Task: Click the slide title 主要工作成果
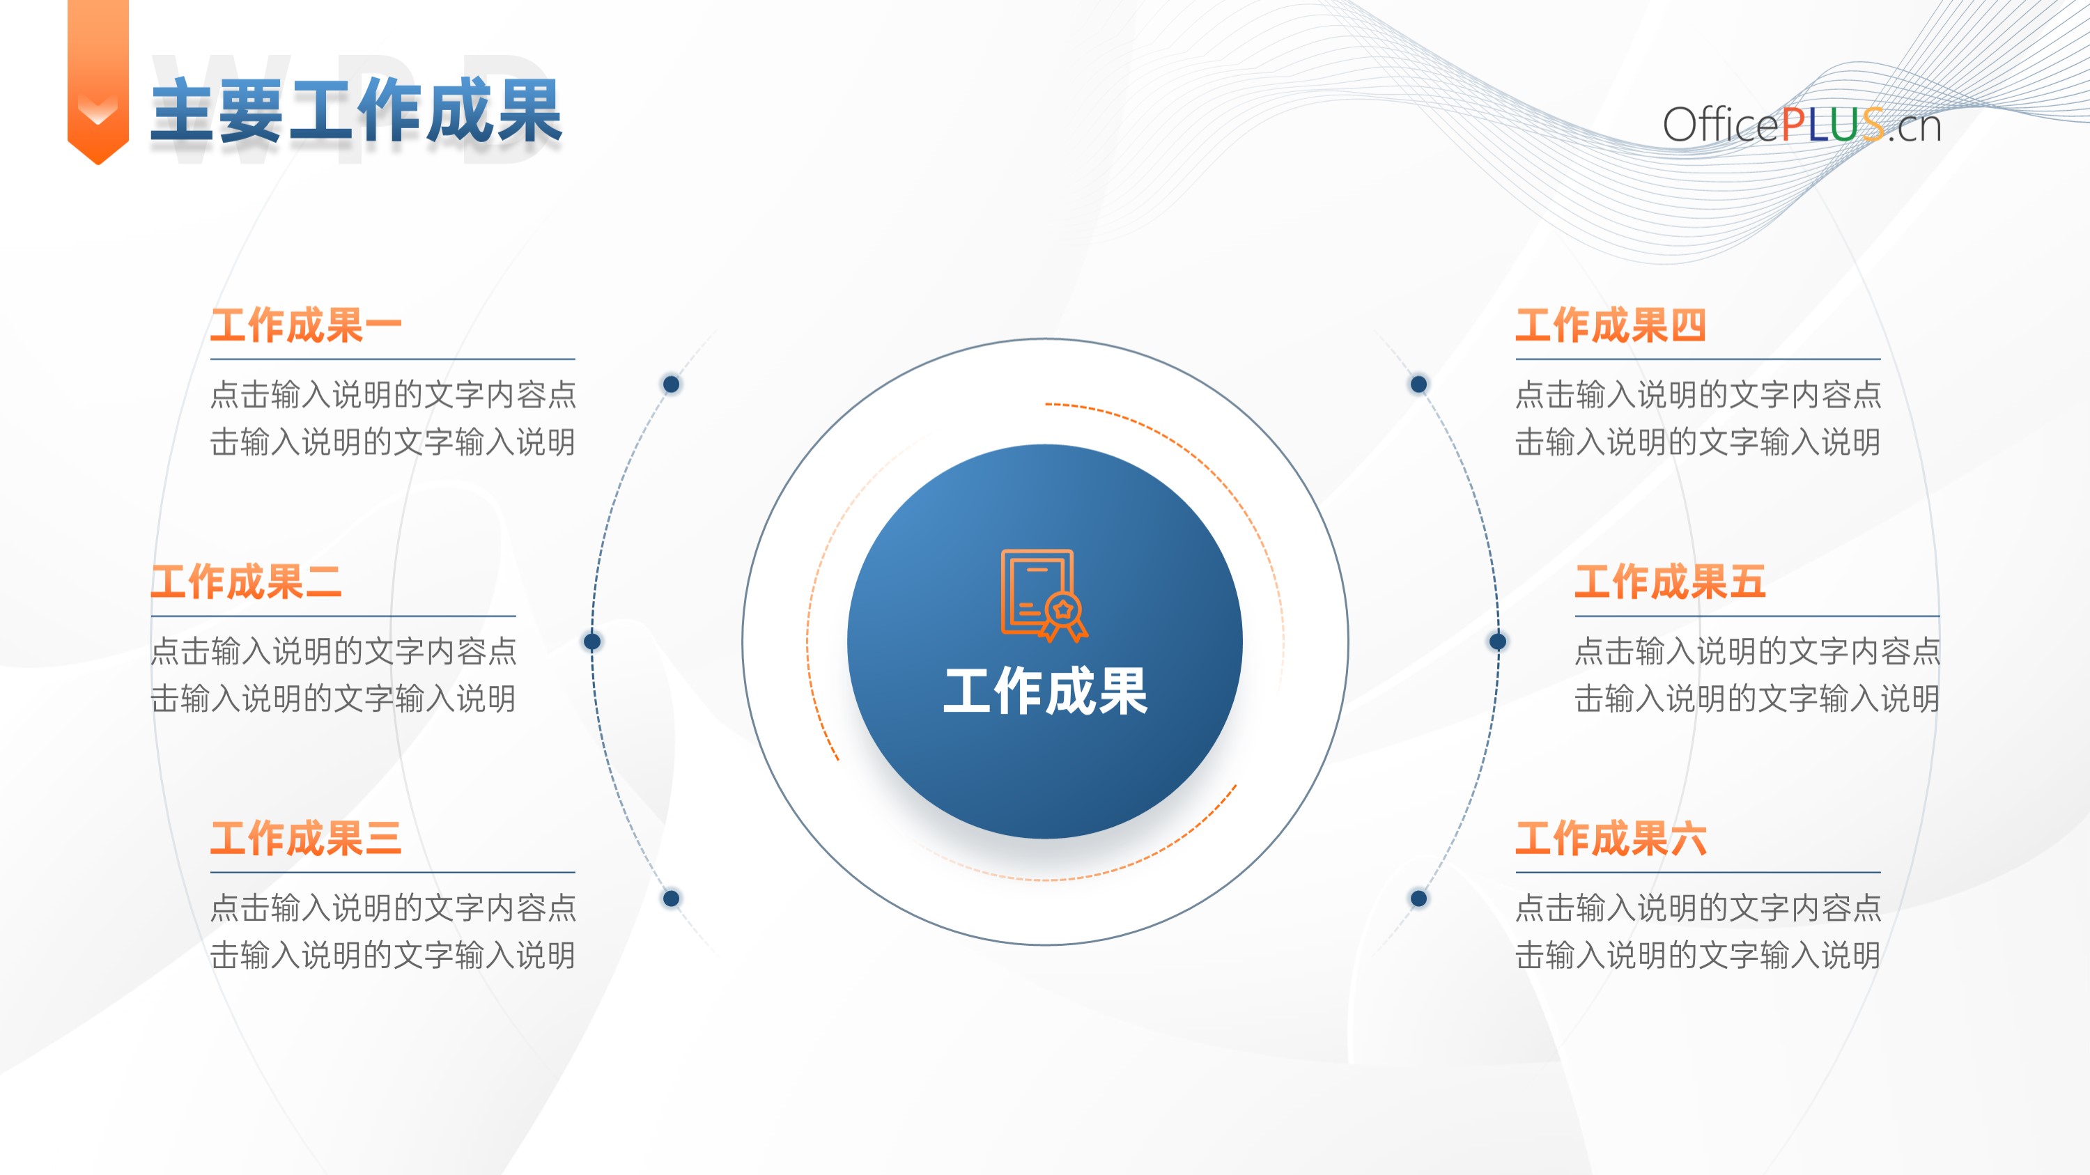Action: [356, 111]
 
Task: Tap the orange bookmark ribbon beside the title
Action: [98, 81]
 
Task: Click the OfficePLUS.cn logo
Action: [1801, 125]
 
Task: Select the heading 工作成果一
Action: [306, 325]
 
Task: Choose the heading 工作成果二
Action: [247, 582]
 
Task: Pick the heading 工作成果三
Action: [306, 838]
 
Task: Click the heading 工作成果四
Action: [1611, 325]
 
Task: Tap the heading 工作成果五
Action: [1671, 582]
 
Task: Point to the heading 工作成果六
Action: [1611, 838]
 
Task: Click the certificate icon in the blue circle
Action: [1044, 596]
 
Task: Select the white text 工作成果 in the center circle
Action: [1045, 692]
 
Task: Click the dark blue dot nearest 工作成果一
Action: [671, 384]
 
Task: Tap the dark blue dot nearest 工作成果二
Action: [592, 641]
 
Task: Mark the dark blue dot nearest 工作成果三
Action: [671, 898]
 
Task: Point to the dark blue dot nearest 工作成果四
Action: [1418, 384]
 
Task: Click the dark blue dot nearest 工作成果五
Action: [1498, 641]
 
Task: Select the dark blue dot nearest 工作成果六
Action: [1418, 898]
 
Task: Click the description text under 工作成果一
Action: [393, 418]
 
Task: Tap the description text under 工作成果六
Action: [1697, 931]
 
